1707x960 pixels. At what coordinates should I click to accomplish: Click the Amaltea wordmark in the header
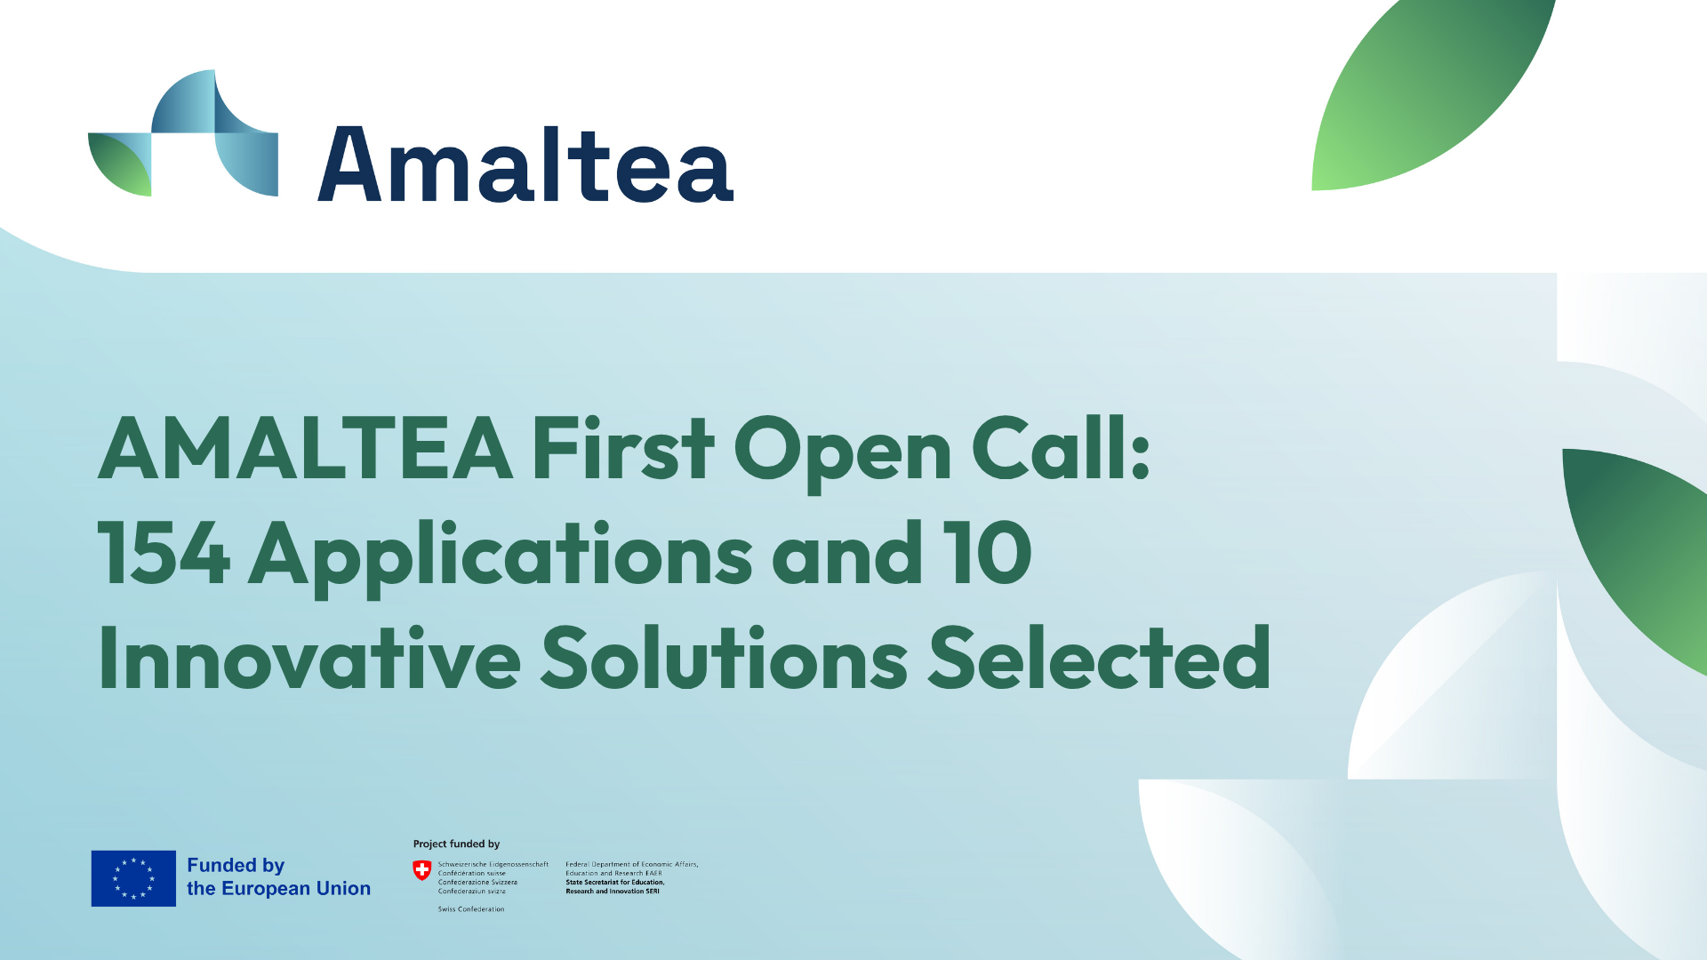point(525,164)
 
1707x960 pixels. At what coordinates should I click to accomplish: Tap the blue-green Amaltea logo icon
point(183,132)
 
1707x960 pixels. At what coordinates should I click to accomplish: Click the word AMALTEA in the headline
point(305,449)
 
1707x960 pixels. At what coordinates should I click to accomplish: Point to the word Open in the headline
point(842,454)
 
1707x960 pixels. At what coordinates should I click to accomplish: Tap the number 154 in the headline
point(164,553)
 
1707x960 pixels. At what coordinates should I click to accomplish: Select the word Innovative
point(309,658)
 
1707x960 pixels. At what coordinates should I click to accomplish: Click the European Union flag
point(133,878)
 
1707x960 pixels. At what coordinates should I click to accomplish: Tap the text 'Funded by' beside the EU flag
point(236,866)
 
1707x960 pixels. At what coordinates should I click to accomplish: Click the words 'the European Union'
point(278,888)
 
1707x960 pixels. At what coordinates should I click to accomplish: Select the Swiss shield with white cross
point(422,870)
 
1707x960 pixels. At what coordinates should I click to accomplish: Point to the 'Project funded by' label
point(456,844)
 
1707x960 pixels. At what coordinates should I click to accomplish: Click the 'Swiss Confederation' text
point(471,909)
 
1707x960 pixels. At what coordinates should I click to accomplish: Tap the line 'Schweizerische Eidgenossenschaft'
point(493,864)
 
